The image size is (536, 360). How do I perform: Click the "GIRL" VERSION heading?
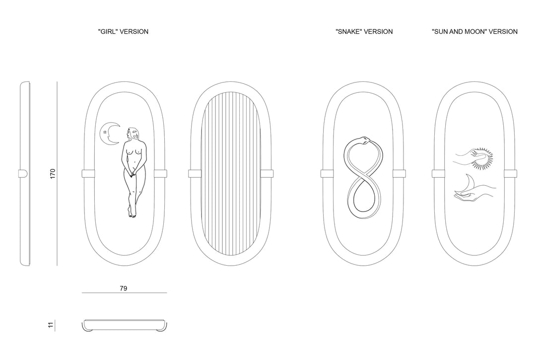(x=123, y=31)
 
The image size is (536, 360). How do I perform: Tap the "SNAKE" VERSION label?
(x=364, y=31)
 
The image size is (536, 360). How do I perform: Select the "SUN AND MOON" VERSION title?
(x=474, y=31)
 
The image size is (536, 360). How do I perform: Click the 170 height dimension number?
(x=52, y=173)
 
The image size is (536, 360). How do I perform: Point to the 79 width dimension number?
(x=124, y=288)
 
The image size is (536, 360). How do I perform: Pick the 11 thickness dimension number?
(x=51, y=325)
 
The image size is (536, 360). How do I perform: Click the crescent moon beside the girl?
(x=109, y=134)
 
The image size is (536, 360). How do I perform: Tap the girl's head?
(x=132, y=134)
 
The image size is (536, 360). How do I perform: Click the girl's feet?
(x=132, y=214)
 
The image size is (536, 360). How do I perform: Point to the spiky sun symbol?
(x=482, y=158)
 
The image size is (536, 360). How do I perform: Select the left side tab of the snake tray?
(x=327, y=174)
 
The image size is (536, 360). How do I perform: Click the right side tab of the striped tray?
(x=267, y=174)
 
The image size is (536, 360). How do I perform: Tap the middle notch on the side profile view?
(x=23, y=174)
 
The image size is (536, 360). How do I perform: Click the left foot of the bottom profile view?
(x=87, y=329)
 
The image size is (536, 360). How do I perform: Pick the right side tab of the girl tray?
(x=160, y=174)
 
